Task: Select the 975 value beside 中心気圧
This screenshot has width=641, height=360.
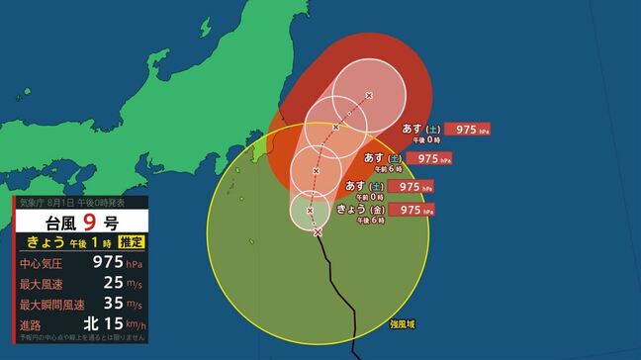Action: [x=106, y=263]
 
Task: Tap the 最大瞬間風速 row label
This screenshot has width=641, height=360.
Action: [x=49, y=304]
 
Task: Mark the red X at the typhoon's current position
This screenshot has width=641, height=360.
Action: [x=318, y=232]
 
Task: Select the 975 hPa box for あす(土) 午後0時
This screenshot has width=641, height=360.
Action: [x=467, y=130]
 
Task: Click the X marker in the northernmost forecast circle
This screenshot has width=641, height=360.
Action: [x=369, y=95]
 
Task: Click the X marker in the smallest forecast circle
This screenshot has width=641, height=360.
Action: [x=311, y=210]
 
